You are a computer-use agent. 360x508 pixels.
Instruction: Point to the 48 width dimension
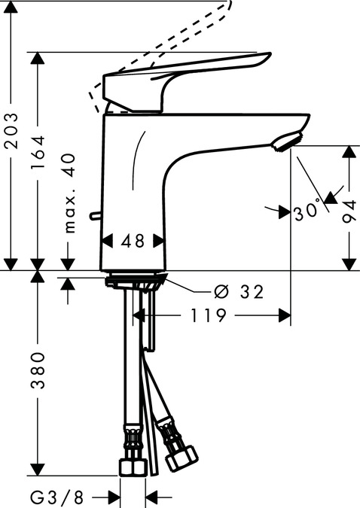[x=133, y=241]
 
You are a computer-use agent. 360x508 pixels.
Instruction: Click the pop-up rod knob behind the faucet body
[x=94, y=217]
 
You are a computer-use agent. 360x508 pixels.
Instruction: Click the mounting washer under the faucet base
[x=134, y=282]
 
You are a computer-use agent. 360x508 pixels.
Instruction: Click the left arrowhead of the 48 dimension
[x=106, y=241]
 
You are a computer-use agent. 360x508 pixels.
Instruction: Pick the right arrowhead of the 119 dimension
[x=285, y=316]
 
